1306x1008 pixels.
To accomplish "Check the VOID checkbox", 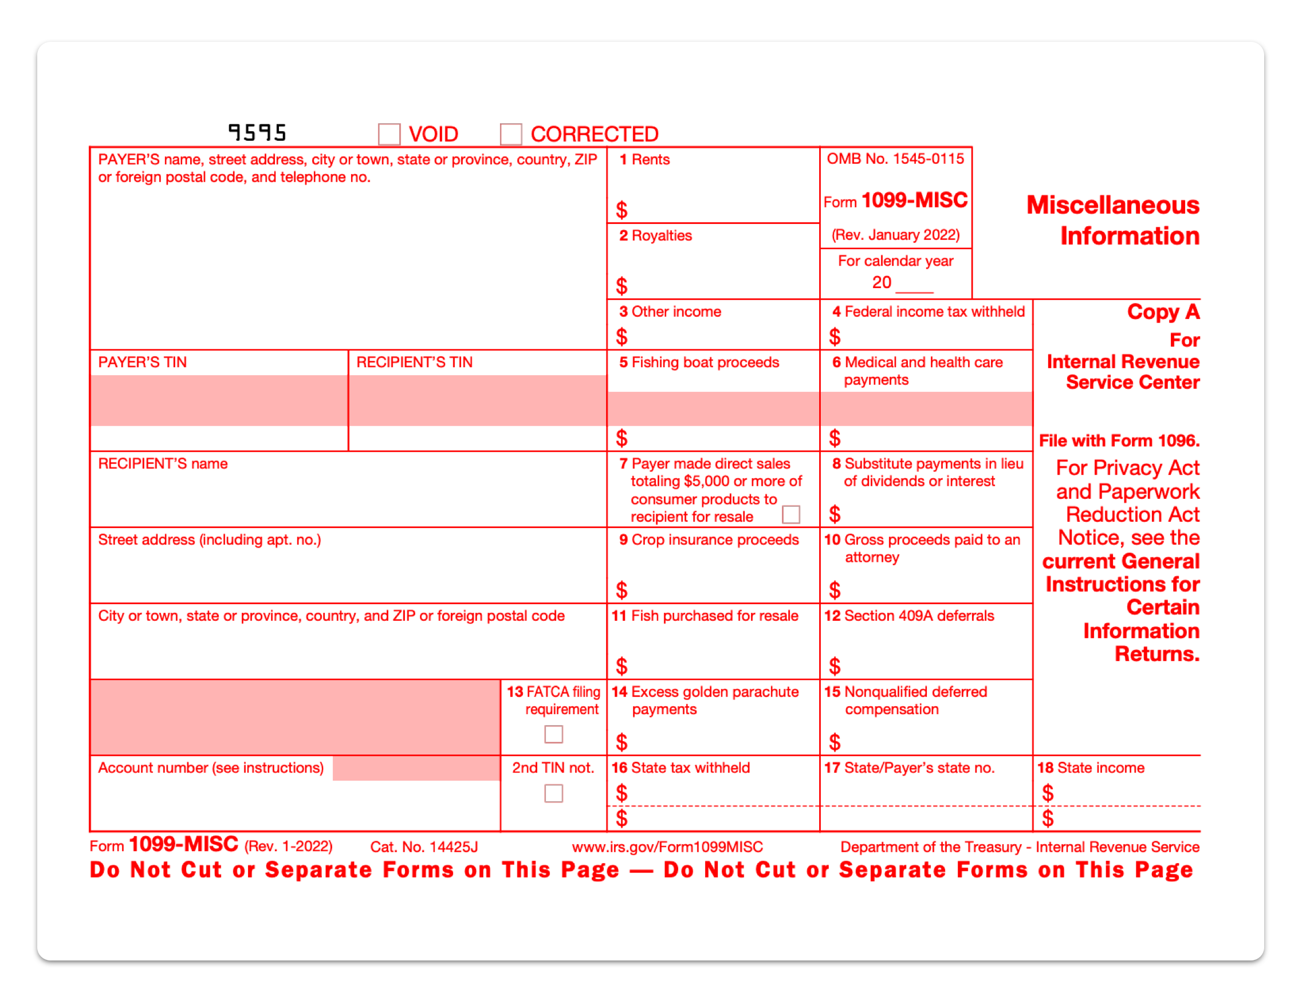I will click(389, 134).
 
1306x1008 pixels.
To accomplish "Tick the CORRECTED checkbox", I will click(511, 134).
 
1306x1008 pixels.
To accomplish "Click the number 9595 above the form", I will click(257, 132).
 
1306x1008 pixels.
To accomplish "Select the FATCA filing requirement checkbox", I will click(553, 734).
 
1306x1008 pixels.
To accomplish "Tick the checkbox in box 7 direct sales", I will click(790, 514).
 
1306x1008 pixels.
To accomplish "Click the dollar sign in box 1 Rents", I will click(621, 210).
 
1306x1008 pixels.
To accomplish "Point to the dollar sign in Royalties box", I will click(621, 286).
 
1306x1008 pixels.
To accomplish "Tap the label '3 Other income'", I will click(670, 312).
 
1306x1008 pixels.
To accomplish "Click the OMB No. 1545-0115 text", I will click(895, 159).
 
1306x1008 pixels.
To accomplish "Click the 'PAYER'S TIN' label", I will click(142, 363).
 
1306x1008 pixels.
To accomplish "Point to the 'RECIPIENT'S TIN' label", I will click(414, 363).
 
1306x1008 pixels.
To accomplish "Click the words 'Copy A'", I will click(1162, 312).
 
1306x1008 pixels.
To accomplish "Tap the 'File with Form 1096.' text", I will click(1119, 440).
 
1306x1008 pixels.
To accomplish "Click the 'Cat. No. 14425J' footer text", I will click(424, 846).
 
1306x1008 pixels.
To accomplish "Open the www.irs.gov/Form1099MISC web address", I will click(667, 846).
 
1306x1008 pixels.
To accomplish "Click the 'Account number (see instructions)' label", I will click(210, 767).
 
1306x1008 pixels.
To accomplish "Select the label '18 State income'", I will click(1091, 767).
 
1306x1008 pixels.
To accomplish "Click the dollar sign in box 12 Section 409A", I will click(834, 666).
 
